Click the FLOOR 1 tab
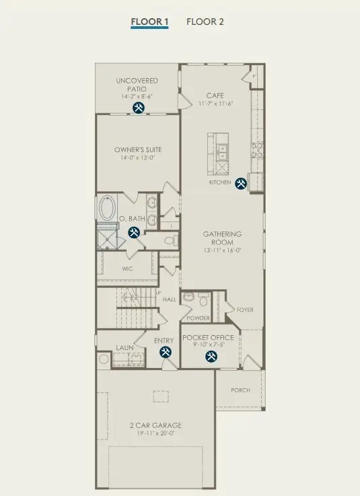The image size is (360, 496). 149,22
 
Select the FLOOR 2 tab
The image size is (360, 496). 205,22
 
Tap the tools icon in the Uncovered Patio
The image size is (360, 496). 138,108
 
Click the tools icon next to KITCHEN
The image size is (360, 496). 241,182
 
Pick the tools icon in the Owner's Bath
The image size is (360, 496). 133,232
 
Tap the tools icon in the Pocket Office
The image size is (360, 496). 211,356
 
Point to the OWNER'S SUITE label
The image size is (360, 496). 137,149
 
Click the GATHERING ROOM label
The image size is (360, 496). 223,238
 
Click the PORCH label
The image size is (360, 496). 240,390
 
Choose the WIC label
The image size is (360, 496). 127,268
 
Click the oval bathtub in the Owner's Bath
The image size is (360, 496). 108,209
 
